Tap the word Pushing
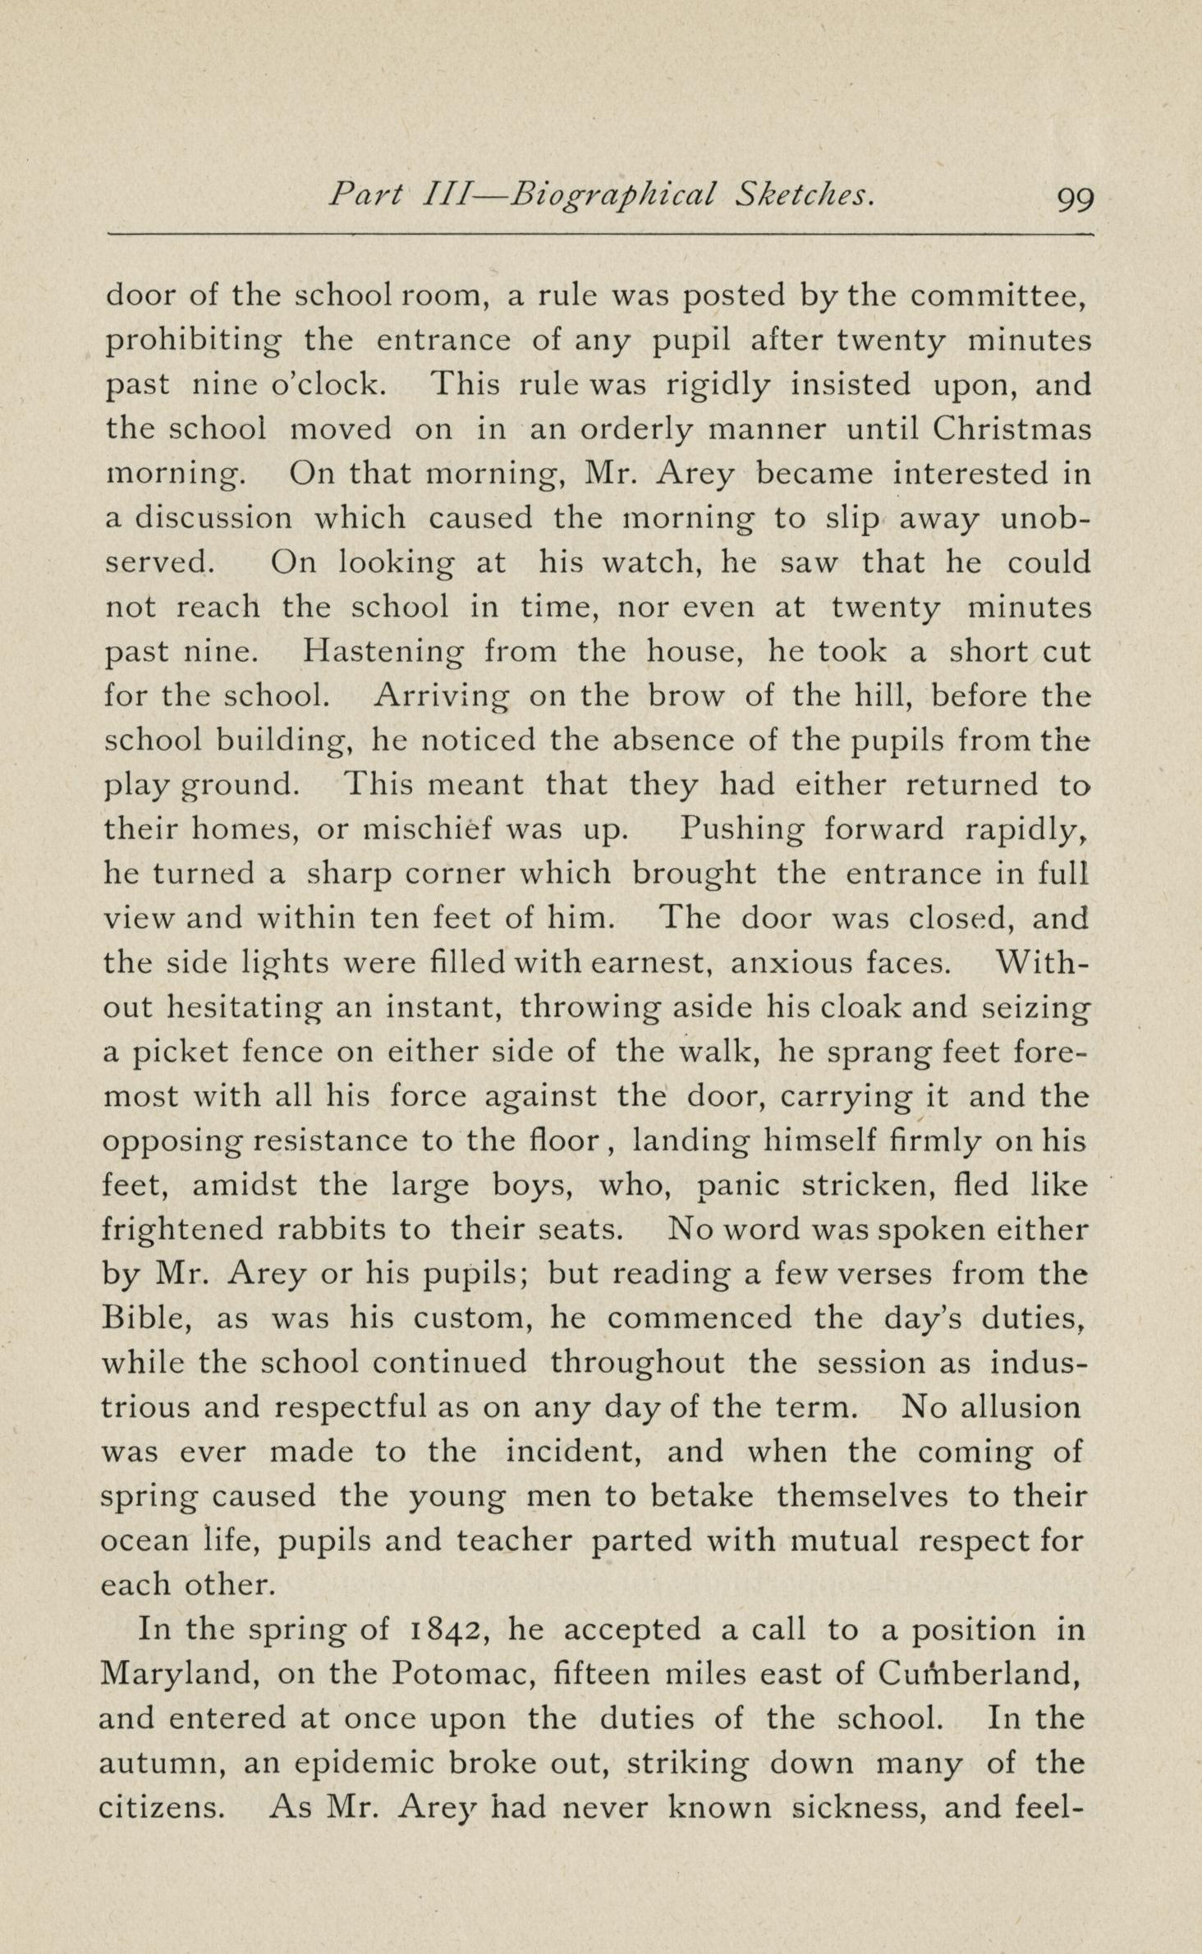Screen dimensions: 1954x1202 click(742, 831)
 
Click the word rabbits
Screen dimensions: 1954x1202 click(329, 1230)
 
